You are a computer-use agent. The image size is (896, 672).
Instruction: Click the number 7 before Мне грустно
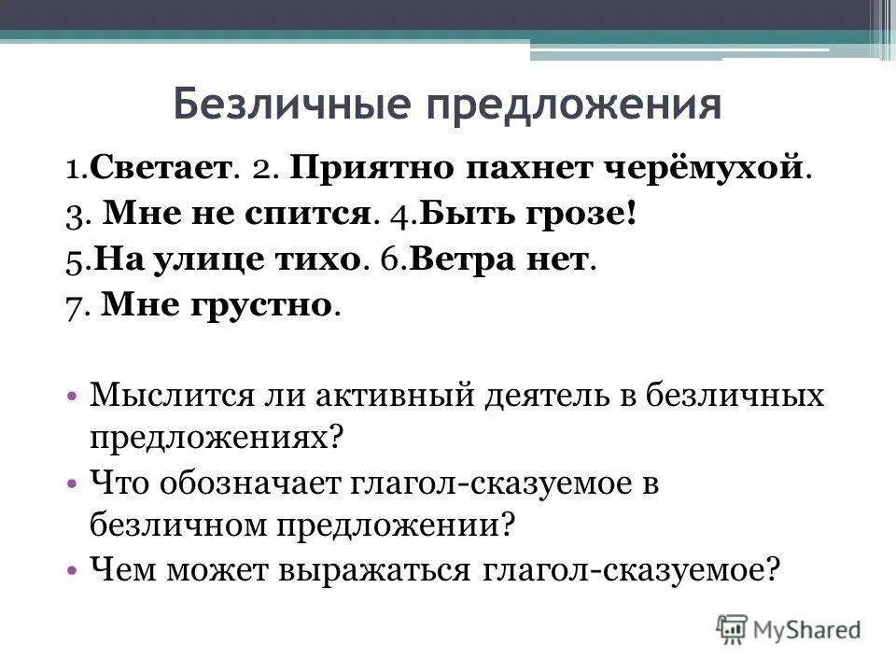(x=73, y=305)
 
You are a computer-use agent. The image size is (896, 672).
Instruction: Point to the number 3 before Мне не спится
(x=73, y=214)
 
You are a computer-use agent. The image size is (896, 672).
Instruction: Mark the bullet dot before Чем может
(x=72, y=569)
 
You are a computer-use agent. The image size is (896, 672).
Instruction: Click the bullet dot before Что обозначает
(x=72, y=483)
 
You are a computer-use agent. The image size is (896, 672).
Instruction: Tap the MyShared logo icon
(x=733, y=627)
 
